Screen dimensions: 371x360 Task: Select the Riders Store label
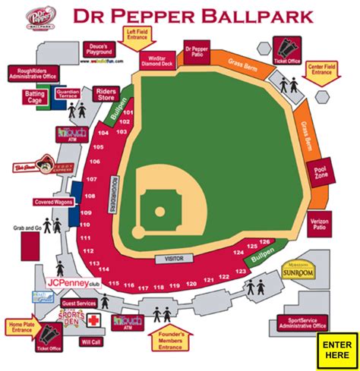tap(106, 93)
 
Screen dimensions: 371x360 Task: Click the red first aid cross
tap(93, 322)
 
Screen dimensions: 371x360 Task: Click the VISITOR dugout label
tap(169, 259)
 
